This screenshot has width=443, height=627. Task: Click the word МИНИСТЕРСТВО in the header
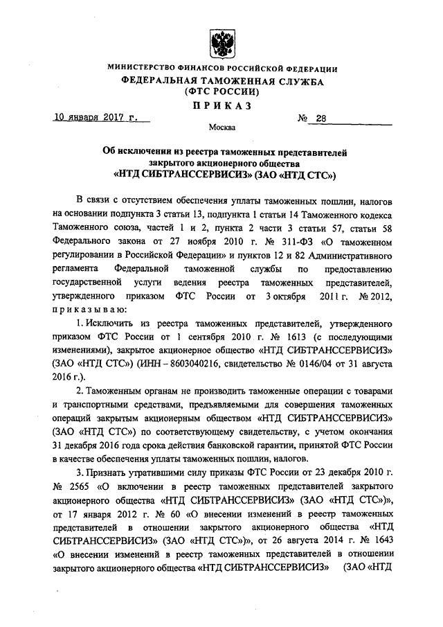click(x=143, y=69)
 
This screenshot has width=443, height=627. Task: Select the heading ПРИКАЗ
click(x=221, y=105)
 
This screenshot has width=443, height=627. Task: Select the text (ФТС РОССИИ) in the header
click(x=221, y=91)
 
